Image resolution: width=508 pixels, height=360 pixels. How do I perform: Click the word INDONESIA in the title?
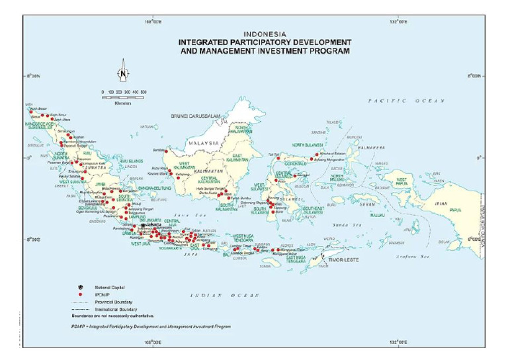coord(264,34)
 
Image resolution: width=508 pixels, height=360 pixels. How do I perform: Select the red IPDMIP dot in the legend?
coord(79,294)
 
